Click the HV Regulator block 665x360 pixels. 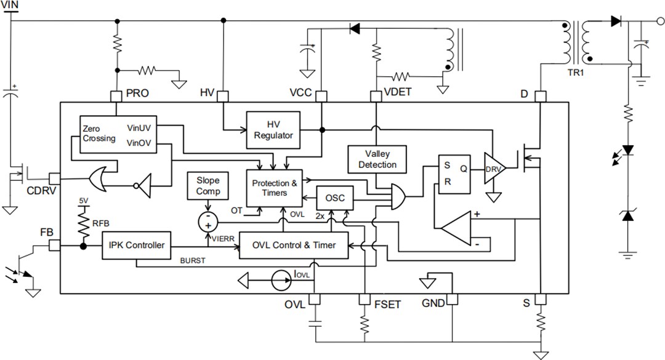point(273,130)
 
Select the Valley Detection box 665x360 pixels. point(377,159)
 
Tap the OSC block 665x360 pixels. point(334,198)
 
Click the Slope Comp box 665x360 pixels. point(208,186)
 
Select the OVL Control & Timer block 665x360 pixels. point(294,245)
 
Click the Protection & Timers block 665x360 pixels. point(275,188)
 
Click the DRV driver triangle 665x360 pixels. point(493,169)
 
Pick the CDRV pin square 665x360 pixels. point(54,178)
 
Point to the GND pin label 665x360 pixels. point(433,304)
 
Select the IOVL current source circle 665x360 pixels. point(280,281)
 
